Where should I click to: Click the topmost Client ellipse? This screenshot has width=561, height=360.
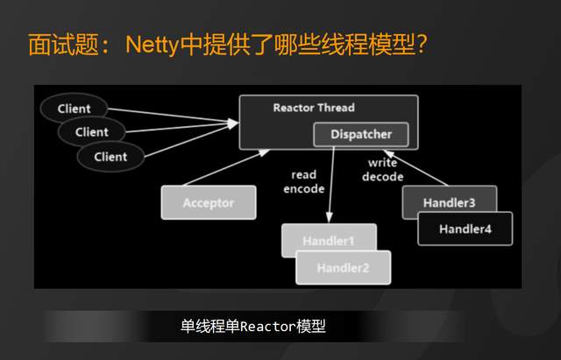pos(74,109)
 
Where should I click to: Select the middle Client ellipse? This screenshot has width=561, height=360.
pos(91,132)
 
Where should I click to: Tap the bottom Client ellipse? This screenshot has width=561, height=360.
pos(110,157)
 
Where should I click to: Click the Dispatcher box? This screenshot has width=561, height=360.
pos(361,134)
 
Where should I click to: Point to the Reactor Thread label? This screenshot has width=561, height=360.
pos(314,108)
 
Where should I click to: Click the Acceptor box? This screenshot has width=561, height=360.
pos(209,202)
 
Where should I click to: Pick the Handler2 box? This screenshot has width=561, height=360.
pos(344,266)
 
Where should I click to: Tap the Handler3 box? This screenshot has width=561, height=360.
pos(449,202)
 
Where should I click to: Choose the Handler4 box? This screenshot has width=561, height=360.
pos(465,229)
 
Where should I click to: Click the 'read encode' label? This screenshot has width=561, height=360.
pos(304,182)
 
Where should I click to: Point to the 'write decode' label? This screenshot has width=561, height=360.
pos(383,170)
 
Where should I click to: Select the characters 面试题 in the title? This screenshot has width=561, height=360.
pos(58,44)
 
